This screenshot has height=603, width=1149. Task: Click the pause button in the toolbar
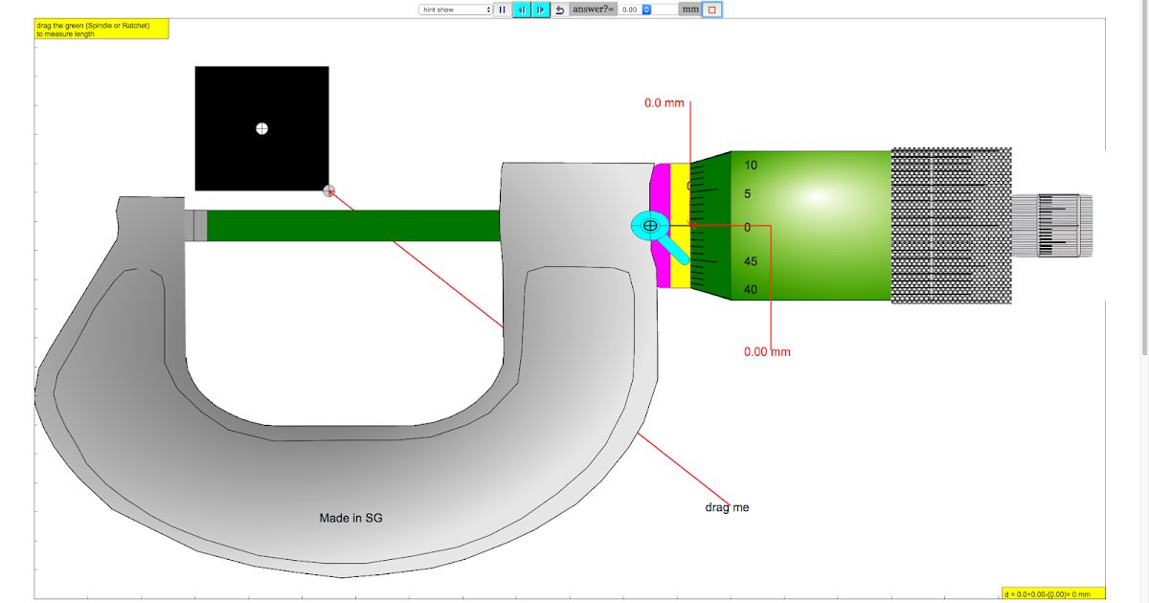(x=502, y=10)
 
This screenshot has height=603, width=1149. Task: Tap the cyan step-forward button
(x=541, y=10)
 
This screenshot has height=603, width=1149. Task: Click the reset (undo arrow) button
(x=560, y=10)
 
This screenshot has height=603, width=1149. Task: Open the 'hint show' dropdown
(x=455, y=10)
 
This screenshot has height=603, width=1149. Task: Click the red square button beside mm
(x=711, y=10)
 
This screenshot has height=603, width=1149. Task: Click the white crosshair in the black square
(x=261, y=128)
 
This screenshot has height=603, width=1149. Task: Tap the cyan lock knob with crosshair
(x=650, y=226)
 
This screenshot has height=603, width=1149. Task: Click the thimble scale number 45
(x=751, y=261)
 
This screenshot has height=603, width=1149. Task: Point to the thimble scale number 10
(x=751, y=166)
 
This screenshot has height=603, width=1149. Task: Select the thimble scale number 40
(x=751, y=290)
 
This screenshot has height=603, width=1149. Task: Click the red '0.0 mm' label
(x=665, y=102)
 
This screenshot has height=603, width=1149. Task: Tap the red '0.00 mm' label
(x=767, y=351)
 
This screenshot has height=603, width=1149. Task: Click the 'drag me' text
(x=727, y=507)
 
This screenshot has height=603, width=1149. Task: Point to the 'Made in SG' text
(x=351, y=518)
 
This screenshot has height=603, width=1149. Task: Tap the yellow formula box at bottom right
(x=1053, y=593)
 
